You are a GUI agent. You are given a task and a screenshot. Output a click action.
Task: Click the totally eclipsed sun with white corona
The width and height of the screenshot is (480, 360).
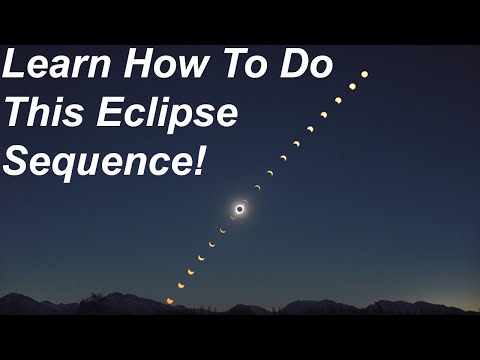(240, 208)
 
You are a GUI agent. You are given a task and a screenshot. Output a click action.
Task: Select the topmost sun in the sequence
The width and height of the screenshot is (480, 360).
(364, 74)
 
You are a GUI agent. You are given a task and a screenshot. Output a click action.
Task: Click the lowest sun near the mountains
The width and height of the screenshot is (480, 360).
(170, 300)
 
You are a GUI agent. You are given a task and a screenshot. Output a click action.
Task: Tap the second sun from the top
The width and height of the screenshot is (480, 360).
(352, 87)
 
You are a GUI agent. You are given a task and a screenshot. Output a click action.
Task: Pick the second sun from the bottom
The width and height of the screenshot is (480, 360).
(181, 285)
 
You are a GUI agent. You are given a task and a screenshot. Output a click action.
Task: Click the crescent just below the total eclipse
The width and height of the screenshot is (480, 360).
(233, 217)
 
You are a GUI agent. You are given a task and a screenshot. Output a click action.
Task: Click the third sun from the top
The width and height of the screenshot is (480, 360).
(338, 100)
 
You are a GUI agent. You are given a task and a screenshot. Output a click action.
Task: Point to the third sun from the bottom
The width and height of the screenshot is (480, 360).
(191, 271)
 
